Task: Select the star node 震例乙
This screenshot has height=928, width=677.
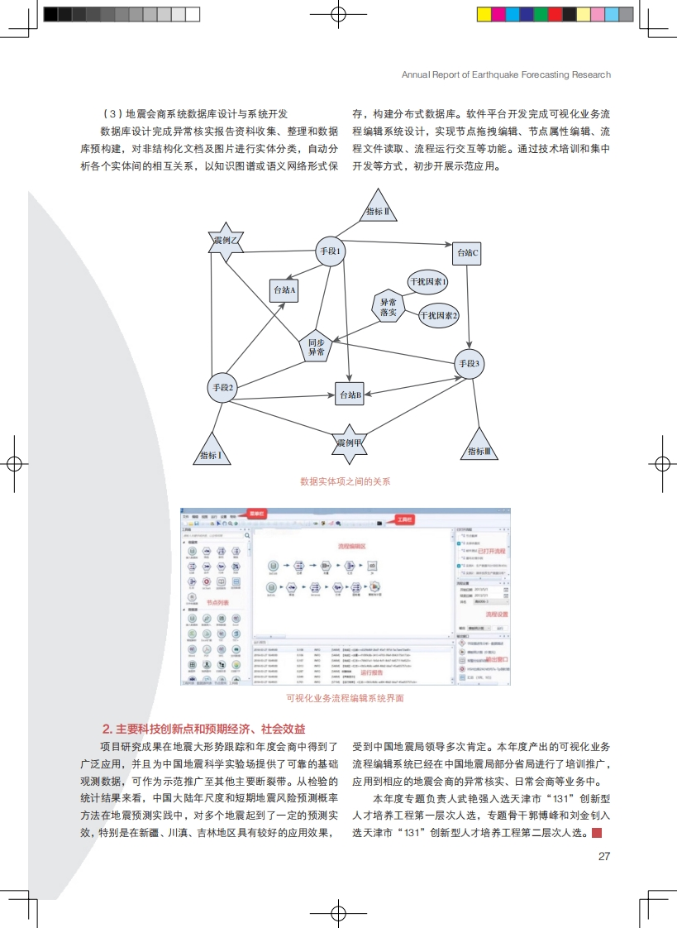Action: (226, 241)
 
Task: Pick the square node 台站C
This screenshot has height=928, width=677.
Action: (466, 253)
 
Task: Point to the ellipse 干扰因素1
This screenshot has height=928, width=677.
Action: (428, 282)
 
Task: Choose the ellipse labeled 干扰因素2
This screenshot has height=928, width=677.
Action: (438, 315)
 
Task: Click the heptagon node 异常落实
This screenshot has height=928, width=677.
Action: (389, 308)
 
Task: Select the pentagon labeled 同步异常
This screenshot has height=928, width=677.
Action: (317, 347)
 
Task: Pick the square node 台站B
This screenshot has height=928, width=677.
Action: (350, 395)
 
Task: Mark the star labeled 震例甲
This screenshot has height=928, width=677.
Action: (350, 443)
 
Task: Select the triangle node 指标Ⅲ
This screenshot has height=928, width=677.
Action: (479, 448)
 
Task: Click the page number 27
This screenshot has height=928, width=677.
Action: (604, 856)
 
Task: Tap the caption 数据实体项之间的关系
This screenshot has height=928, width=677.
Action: (346, 481)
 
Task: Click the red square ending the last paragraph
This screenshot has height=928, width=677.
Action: (597, 834)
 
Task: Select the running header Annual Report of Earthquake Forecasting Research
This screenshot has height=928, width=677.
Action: (506, 74)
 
